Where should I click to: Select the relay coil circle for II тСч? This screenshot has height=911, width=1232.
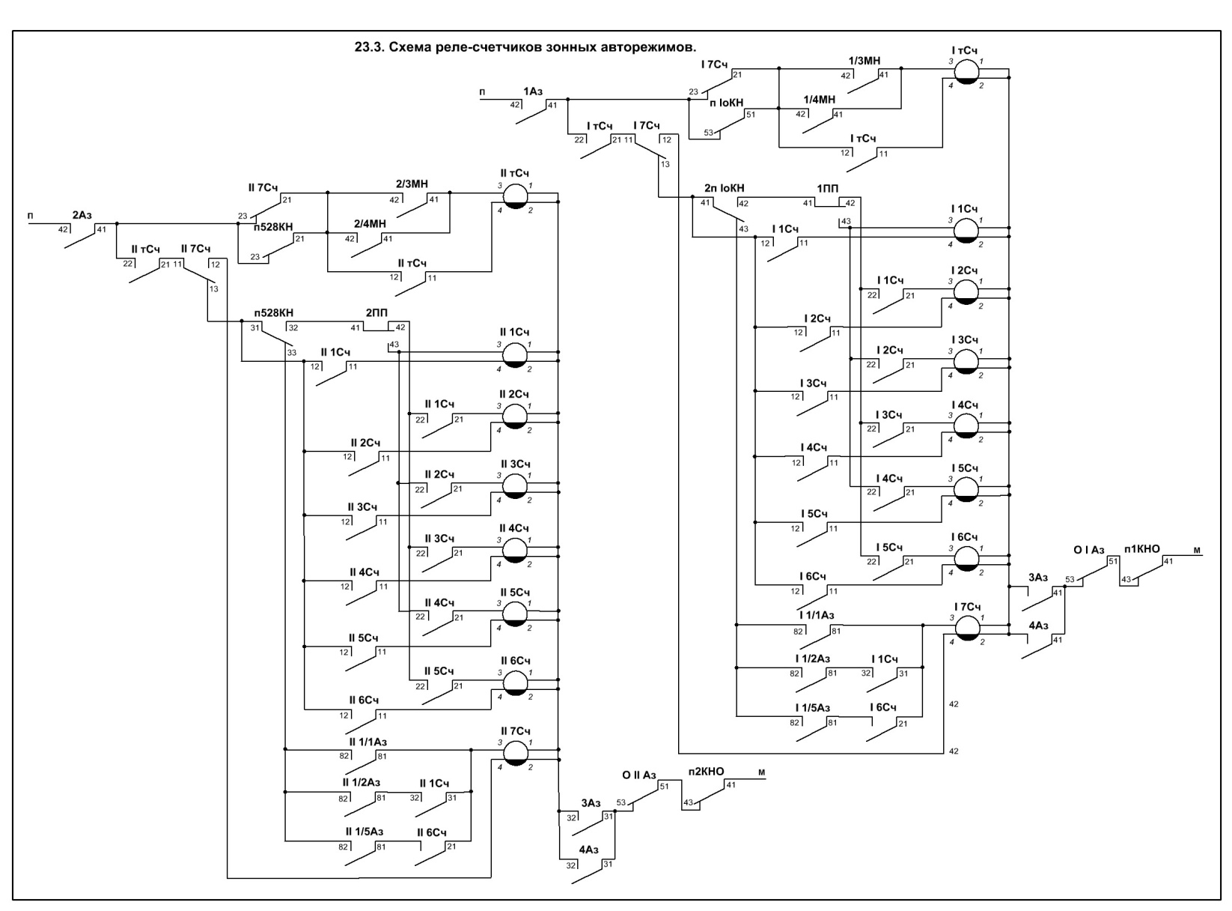point(515,196)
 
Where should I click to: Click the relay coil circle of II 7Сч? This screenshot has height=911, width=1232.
point(515,753)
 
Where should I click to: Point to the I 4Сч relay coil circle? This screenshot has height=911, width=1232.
point(966,426)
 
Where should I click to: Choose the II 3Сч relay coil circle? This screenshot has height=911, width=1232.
point(515,485)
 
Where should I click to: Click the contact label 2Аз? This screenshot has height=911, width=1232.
point(82,216)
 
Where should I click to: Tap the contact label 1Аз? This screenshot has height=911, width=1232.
point(533,91)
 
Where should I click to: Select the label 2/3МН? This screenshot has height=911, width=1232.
point(412,184)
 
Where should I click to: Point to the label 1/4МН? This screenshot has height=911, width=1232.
point(819,100)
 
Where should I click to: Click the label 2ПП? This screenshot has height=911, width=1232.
point(376,312)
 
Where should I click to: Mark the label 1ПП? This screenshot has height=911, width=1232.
point(828,188)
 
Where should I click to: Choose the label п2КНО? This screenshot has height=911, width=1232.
point(706,772)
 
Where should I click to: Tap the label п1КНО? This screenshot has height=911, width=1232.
point(1142,549)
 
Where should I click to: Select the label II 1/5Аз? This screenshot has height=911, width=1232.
point(365,832)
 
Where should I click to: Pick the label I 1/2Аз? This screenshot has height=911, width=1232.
point(813,659)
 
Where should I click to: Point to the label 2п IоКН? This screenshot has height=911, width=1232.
point(724,188)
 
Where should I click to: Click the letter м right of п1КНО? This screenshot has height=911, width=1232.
point(1197,551)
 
